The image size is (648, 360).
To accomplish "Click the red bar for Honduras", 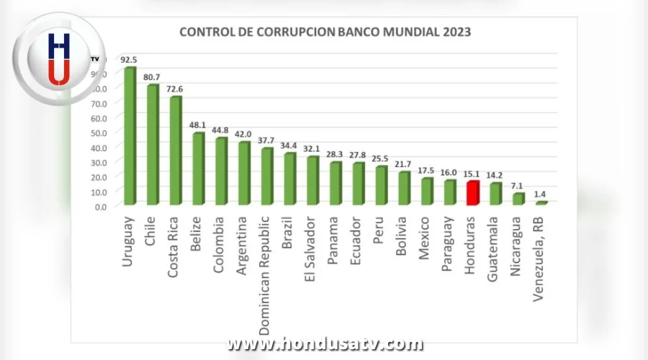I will click(x=472, y=193).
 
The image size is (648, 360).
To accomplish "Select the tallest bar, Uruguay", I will click(x=130, y=137).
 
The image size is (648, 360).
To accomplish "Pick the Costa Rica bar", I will click(x=175, y=151).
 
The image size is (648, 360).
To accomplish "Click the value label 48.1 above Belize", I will click(x=197, y=123).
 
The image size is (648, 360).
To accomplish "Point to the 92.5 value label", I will click(x=130, y=58).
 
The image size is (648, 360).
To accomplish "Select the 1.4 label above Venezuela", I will click(x=541, y=194).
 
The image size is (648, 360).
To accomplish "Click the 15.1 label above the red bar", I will click(x=473, y=173).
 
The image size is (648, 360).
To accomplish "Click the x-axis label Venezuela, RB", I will click(x=540, y=253).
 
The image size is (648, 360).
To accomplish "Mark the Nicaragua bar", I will click(x=518, y=199).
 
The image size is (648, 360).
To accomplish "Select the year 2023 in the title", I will click(x=457, y=32).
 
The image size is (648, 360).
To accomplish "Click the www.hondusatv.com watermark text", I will click(x=325, y=344).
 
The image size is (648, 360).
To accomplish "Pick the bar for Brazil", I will click(x=289, y=179).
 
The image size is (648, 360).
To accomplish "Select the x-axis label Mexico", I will click(x=426, y=237).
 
